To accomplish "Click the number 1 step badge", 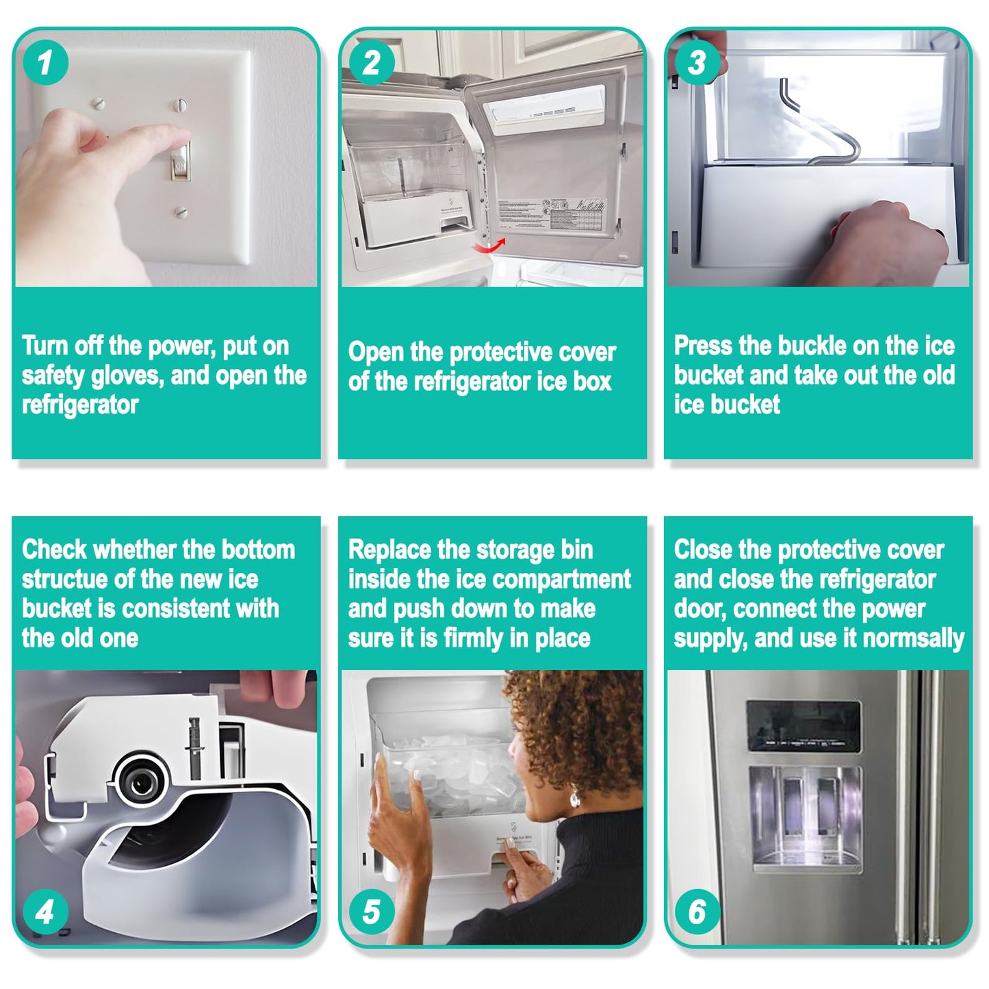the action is point(46,62).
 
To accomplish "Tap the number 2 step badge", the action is point(372,62).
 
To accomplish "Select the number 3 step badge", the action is point(697,62).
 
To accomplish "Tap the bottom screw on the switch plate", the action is point(181,211).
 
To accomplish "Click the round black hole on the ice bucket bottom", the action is point(142,783).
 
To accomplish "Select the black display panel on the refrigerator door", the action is point(804,726).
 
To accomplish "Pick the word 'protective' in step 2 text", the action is point(501,352).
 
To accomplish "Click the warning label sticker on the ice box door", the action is point(552,214).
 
